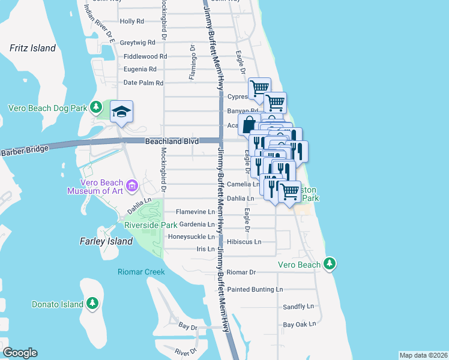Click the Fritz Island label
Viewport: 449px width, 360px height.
tap(32, 48)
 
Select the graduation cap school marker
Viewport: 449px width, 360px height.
tap(121, 112)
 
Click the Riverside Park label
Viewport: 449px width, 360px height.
tap(151, 225)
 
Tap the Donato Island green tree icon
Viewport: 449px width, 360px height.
tap(92, 303)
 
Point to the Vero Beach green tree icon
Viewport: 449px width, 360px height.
tap(329, 263)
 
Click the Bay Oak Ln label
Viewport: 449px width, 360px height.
tap(299, 325)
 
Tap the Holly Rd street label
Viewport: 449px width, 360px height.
tap(132, 21)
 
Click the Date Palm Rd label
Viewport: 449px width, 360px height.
tap(143, 83)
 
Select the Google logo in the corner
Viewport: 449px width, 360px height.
tap(20, 353)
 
